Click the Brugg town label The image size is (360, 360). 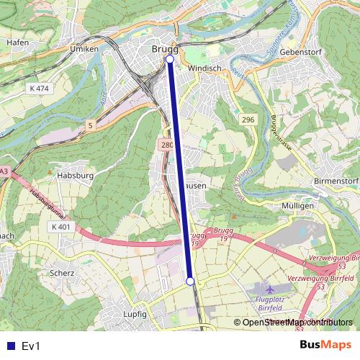point(165,49)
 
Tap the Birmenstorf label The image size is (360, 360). point(336,180)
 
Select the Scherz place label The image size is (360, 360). point(62,273)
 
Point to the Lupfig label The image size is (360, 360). point(135,315)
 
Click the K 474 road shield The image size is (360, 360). point(40,88)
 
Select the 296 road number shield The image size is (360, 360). point(248,120)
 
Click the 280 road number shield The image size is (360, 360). point(167,145)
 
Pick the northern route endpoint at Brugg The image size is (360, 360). point(170,59)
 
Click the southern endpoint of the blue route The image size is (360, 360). point(190,282)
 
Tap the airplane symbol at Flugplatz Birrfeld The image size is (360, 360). point(269,289)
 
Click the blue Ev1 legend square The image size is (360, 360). point(9,346)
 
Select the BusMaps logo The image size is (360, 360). point(325,346)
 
